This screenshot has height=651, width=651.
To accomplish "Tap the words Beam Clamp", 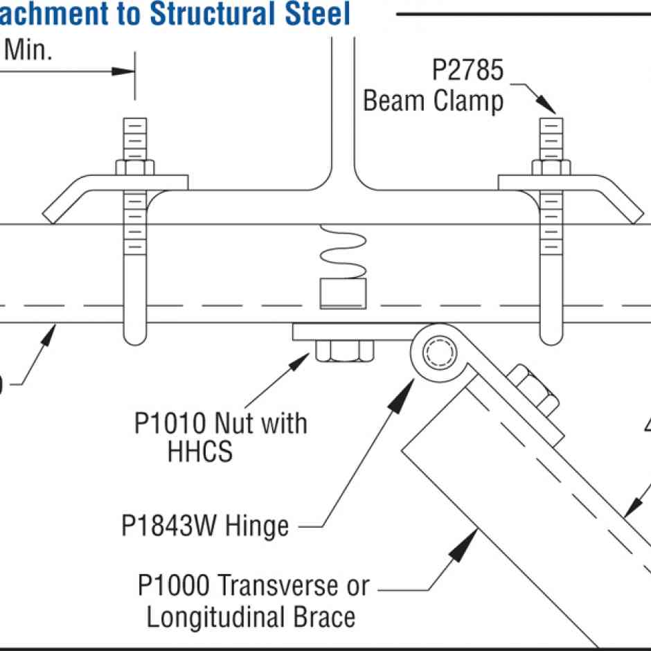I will tap(433, 101).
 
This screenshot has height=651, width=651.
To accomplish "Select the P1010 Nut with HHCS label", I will tap(221, 436).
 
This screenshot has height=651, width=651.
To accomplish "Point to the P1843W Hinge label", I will tap(205, 526).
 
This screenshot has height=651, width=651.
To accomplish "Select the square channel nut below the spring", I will tap(342, 294).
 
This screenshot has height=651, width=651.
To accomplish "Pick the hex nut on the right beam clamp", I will tap(551, 168).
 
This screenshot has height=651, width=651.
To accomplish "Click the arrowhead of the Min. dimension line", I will tap(125, 71).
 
